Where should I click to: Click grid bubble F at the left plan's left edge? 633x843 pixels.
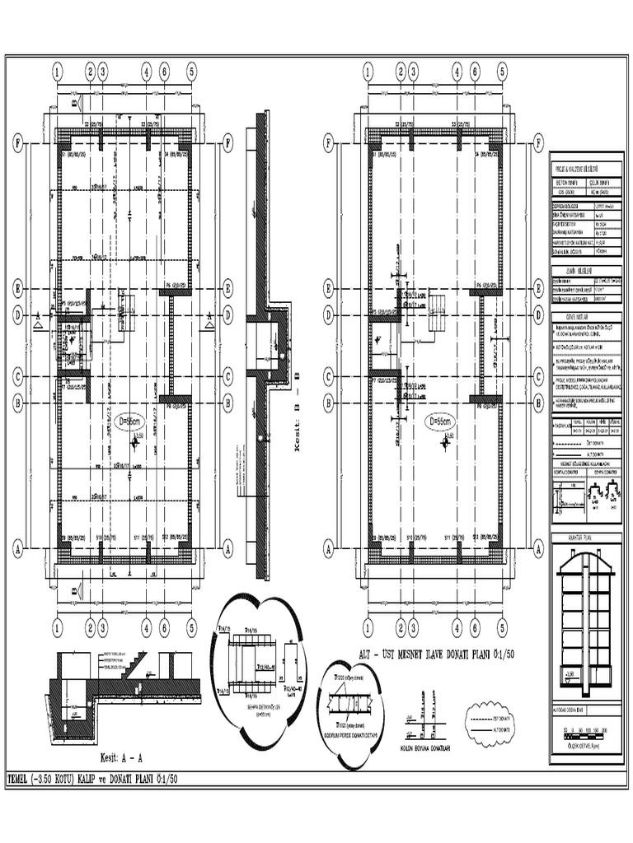tap(18, 142)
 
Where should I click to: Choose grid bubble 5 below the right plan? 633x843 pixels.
tap(501, 626)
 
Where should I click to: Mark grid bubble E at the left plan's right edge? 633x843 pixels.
tap(227, 288)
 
